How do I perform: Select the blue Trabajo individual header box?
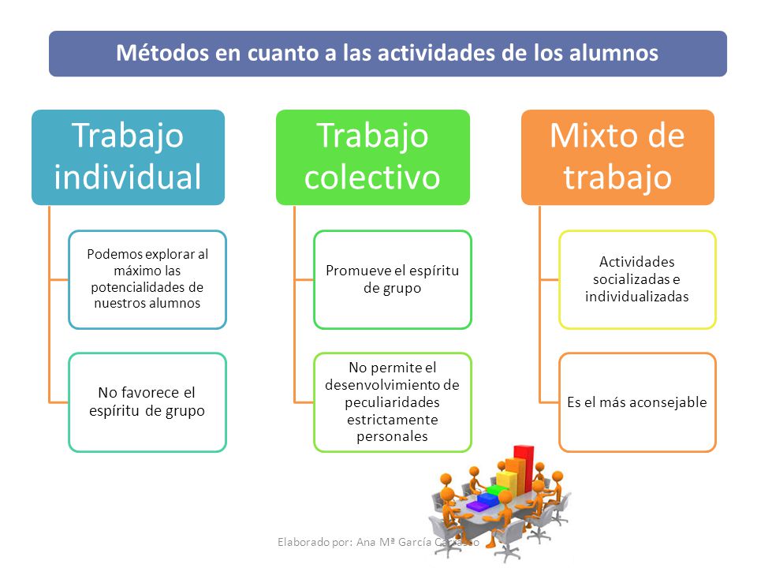tap(128, 157)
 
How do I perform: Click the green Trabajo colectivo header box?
tap(373, 157)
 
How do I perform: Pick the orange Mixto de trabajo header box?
tap(617, 157)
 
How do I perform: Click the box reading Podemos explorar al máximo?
tap(147, 279)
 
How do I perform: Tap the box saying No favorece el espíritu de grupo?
tap(147, 402)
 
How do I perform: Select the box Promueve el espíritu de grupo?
tap(393, 279)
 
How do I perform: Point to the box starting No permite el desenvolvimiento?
tap(393, 402)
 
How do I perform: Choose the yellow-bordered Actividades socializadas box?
tap(637, 279)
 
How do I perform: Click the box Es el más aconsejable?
tap(637, 402)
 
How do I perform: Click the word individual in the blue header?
tap(128, 177)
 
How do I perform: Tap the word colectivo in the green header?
tap(372, 177)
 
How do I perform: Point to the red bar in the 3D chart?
tap(524, 466)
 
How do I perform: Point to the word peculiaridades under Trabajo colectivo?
tap(393, 402)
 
